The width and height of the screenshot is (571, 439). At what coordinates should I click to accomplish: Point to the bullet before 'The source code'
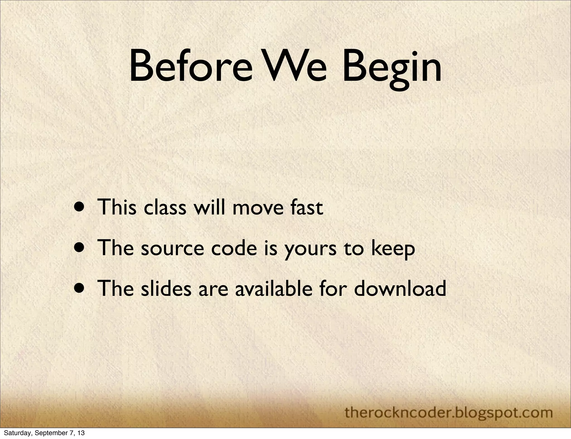[80, 248]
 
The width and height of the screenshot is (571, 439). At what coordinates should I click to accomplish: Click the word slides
[166, 288]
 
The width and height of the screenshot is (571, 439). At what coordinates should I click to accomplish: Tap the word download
[400, 288]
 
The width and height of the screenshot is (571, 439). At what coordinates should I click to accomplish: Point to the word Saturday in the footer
[15, 433]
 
